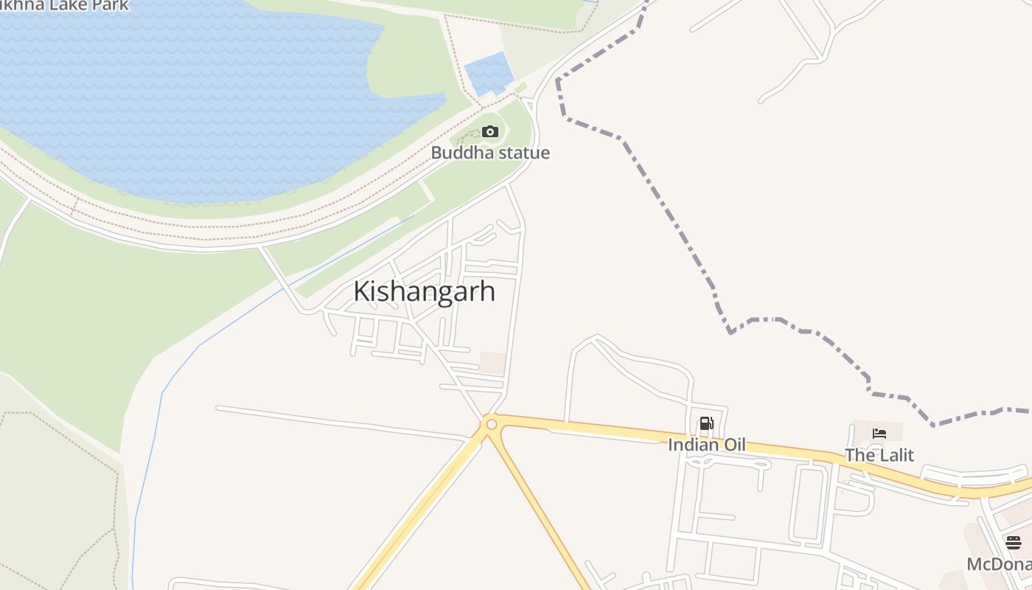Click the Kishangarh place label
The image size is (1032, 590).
click(x=424, y=291)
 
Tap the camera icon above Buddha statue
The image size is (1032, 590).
click(x=490, y=132)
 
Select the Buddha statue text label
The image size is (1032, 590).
click(x=490, y=153)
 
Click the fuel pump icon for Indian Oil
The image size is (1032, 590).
click(x=706, y=423)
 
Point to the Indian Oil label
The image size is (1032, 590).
click(x=706, y=445)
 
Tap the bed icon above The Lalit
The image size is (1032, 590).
click(x=879, y=434)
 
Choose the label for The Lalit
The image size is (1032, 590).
click(x=879, y=455)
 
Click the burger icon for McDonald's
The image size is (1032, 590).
click(x=1014, y=543)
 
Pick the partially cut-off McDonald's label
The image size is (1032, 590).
click(x=999, y=565)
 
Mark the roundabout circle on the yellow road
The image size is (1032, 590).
click(x=491, y=424)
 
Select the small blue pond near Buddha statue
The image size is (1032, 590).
click(x=488, y=74)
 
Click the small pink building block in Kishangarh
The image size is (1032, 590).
click(x=493, y=363)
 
